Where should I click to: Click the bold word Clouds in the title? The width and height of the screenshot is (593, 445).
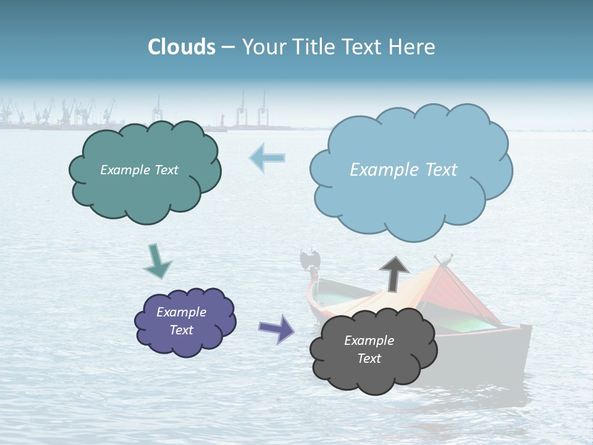click(182, 47)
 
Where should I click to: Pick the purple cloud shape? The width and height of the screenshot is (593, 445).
click(185, 343)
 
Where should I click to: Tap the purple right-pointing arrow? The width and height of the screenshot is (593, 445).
click(277, 328)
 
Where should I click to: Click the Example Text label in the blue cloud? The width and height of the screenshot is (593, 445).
click(403, 170)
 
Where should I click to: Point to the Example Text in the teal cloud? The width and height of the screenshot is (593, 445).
click(139, 170)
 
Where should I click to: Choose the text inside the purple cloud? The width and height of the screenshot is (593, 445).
click(182, 321)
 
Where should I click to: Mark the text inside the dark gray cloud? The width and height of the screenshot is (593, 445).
click(369, 349)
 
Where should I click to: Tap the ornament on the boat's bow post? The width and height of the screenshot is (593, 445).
click(308, 259)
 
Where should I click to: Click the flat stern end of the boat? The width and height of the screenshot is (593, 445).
click(525, 346)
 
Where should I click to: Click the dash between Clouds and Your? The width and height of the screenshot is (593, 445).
click(228, 48)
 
